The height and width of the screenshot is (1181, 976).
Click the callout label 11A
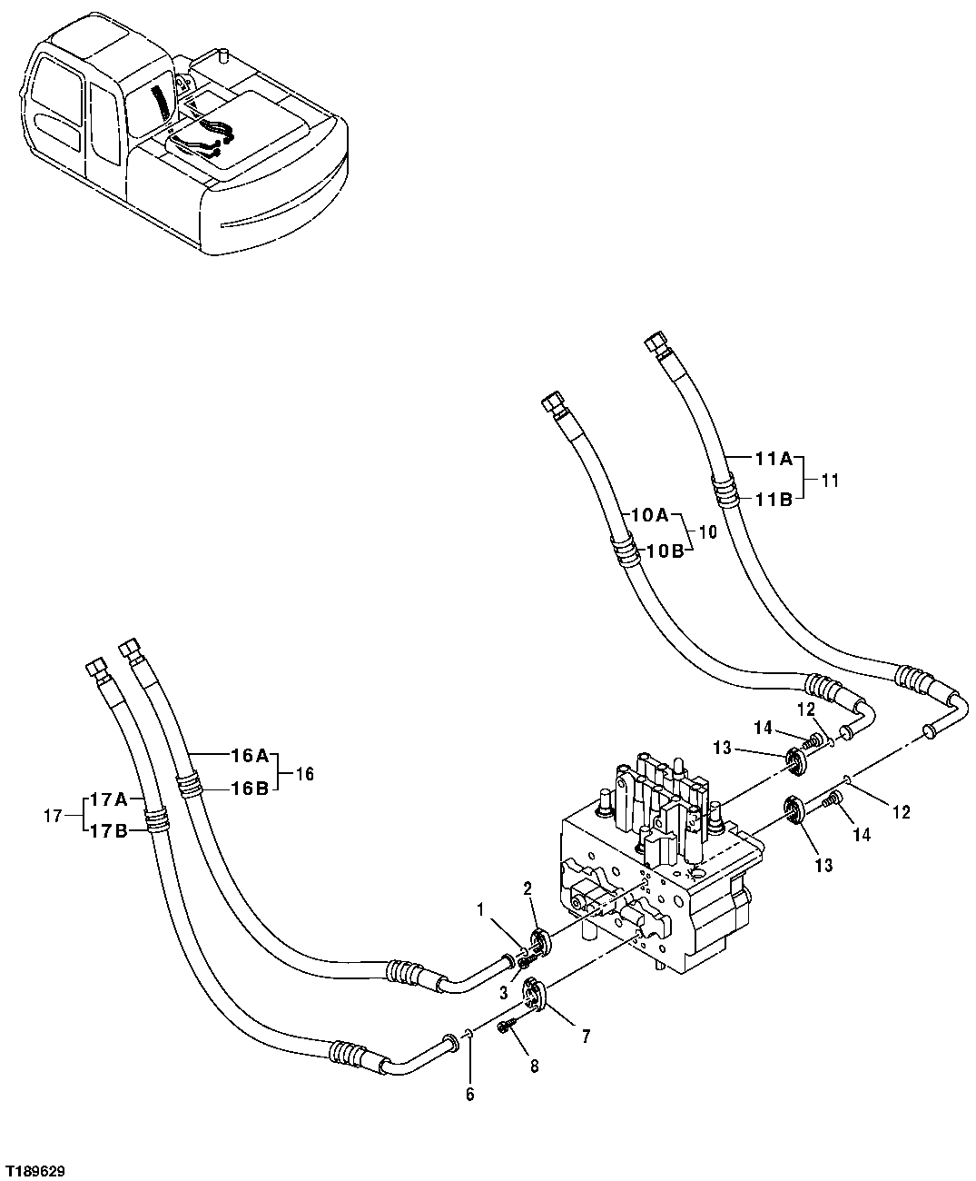coord(774,460)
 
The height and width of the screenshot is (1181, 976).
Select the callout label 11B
coord(774,498)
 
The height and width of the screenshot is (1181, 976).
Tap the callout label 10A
coord(649,515)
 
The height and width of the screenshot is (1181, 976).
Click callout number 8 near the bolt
coord(532,1066)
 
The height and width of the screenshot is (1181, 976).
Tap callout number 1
coord(482,908)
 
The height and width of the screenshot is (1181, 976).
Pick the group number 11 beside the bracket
coord(830,480)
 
